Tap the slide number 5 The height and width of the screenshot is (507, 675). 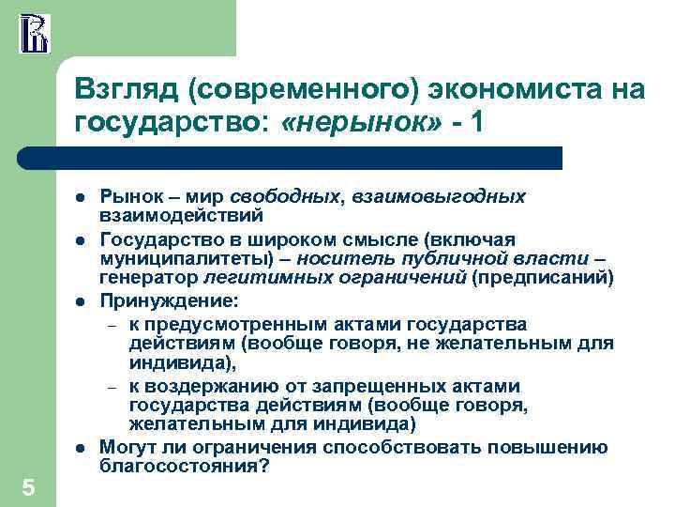pos(28,486)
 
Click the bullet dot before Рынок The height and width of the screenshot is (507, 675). pos(82,197)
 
